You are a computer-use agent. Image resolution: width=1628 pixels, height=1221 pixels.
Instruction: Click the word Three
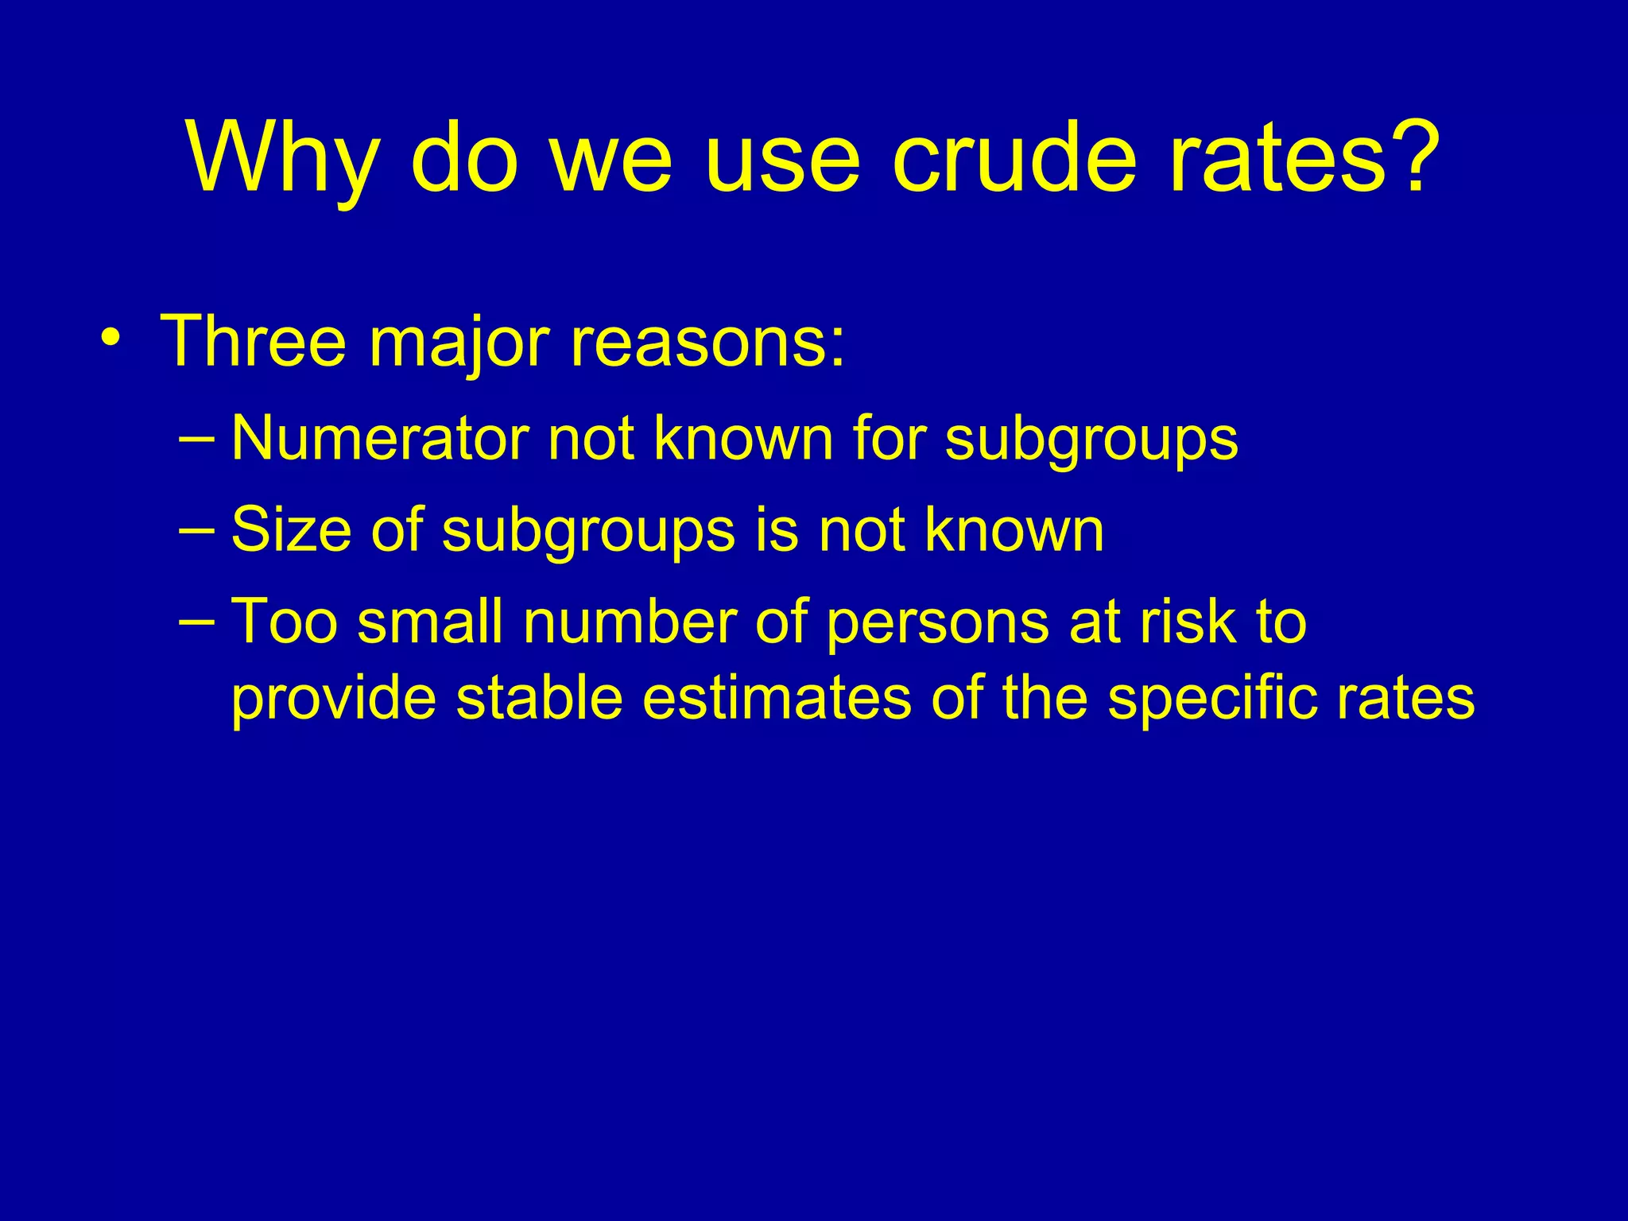point(253,342)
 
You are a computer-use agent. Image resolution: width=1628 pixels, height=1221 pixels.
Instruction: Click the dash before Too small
point(196,622)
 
